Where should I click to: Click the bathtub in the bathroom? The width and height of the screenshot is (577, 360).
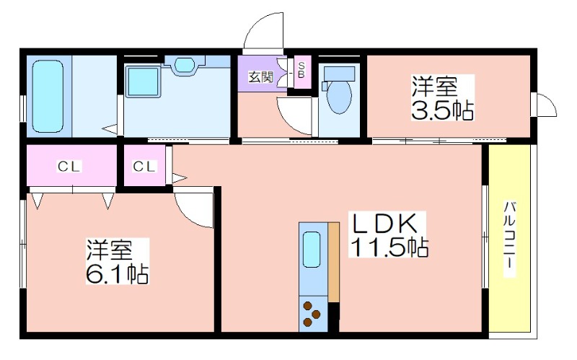point(48,97)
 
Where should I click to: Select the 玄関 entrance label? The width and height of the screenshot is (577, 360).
point(261,77)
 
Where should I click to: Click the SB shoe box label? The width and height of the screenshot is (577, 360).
point(301,70)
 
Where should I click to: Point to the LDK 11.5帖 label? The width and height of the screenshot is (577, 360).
point(387,234)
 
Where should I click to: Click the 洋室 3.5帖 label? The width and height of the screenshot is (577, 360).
point(442,97)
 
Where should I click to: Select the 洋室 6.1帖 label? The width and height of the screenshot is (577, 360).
point(118,261)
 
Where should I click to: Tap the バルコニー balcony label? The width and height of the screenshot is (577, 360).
point(510,240)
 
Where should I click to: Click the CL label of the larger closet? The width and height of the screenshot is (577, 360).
point(69,167)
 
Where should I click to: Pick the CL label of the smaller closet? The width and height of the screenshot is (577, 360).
point(144,167)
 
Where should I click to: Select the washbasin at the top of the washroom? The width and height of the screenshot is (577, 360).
point(184,65)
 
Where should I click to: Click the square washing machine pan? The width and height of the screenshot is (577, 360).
point(143,82)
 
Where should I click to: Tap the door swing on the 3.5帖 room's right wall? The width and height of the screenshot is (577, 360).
point(545,105)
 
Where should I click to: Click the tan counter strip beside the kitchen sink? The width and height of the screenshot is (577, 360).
point(334,262)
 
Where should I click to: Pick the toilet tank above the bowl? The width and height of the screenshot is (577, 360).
point(339,74)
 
